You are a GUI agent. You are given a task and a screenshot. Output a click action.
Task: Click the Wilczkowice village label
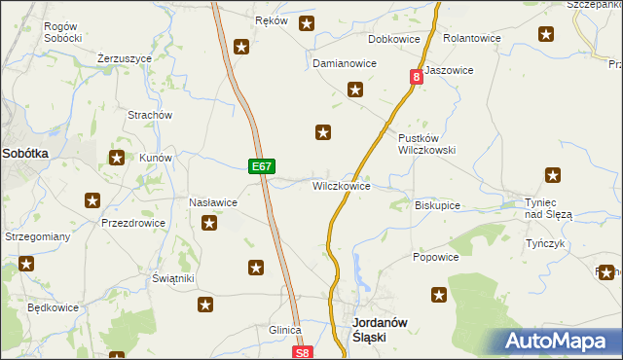tap(341, 185)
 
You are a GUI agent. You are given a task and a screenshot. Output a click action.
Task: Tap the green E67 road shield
tap(260, 166)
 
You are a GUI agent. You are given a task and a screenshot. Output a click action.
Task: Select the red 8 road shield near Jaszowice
tap(417, 76)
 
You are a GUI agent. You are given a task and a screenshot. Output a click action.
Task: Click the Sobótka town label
tap(25, 153)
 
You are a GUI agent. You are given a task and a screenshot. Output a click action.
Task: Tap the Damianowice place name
tap(344, 63)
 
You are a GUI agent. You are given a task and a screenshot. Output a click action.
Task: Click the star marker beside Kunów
tap(117, 157)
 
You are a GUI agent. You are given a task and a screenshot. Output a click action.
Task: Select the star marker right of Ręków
tap(307, 23)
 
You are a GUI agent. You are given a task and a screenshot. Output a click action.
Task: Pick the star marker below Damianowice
tap(356, 90)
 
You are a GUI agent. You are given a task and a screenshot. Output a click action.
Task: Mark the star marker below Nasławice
tap(209, 225)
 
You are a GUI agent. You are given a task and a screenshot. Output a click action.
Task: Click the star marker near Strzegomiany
tap(25, 263)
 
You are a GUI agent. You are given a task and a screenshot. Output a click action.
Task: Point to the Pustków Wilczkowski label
tap(426, 144)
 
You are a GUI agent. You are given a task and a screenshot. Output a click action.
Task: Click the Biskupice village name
tap(437, 206)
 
